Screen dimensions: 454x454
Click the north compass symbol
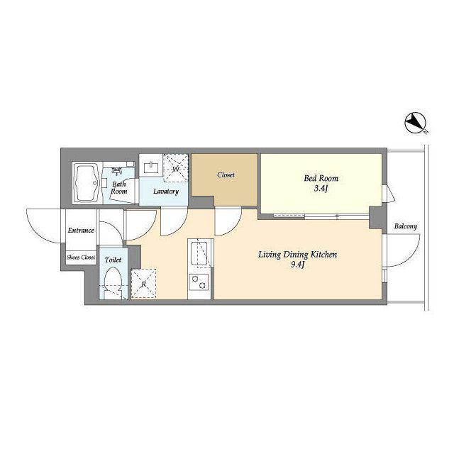(x=414, y=123)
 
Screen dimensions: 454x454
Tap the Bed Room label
(x=321, y=178)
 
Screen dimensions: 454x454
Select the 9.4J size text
(x=298, y=265)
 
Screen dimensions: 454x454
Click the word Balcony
(x=406, y=226)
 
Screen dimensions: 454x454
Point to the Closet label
(x=226, y=175)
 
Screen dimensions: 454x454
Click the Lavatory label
(x=166, y=191)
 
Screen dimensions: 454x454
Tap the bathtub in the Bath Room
(x=87, y=183)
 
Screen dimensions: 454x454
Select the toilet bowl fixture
(x=113, y=283)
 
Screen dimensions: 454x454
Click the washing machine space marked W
(x=175, y=168)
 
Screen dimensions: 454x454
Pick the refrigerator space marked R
(x=143, y=284)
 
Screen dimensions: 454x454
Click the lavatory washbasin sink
(x=151, y=168)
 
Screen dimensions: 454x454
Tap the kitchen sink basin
(x=199, y=254)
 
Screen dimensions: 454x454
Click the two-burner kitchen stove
(x=199, y=282)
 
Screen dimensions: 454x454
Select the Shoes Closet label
(x=81, y=257)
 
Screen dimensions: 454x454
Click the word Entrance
(x=81, y=231)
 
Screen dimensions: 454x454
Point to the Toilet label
(x=113, y=260)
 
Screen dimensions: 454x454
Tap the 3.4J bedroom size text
(x=321, y=189)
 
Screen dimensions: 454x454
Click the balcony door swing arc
(x=411, y=258)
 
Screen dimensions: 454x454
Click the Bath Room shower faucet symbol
(x=116, y=171)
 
